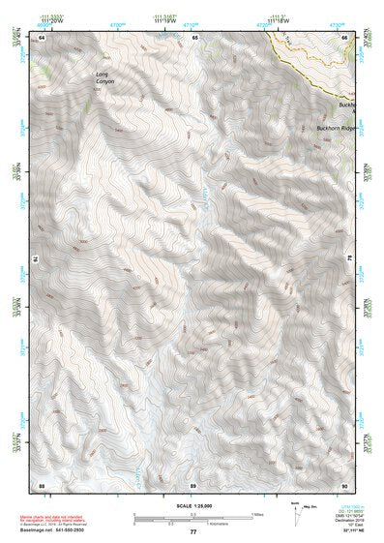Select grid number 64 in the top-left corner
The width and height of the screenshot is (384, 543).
42,37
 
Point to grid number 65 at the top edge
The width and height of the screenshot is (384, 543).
194,37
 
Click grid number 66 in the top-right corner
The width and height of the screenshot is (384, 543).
344,37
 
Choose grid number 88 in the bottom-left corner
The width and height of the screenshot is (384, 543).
42,484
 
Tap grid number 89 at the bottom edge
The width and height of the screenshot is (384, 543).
192,484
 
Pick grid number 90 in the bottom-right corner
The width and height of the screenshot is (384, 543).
344,484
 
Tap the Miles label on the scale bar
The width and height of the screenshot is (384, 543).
256,514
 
